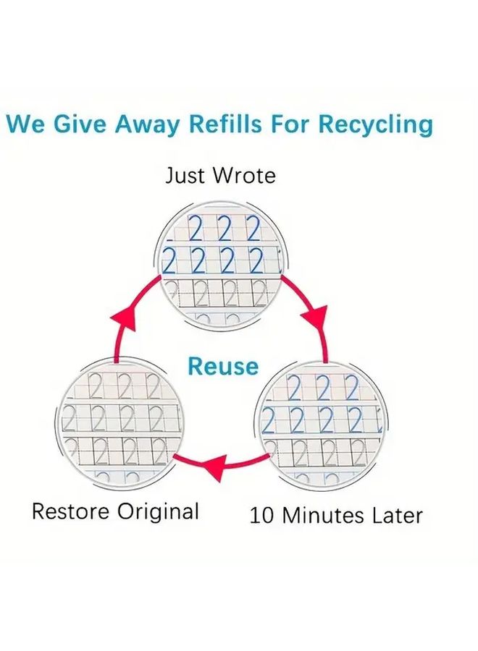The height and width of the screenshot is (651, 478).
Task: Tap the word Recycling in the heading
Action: [x=375, y=125]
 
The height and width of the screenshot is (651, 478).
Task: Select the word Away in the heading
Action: [x=145, y=125]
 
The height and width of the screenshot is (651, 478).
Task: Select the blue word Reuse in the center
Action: [x=223, y=366]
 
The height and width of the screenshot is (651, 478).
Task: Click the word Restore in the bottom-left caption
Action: [x=70, y=511]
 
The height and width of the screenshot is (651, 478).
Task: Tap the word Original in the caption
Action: [x=158, y=512]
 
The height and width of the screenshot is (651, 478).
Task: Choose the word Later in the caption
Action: [x=398, y=515]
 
